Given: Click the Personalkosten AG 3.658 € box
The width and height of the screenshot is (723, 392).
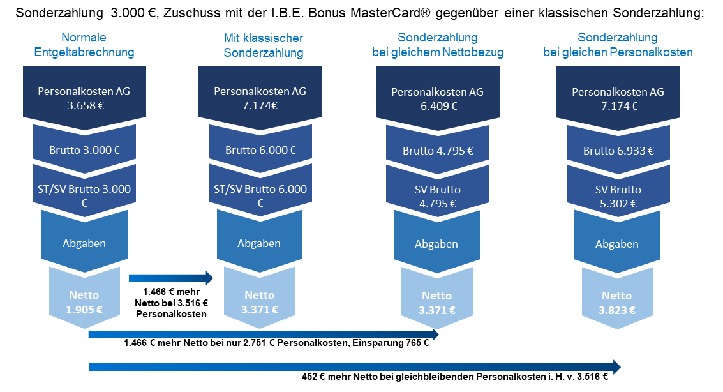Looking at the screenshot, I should point(84,98).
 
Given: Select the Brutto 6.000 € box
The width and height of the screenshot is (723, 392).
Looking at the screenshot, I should point(260,151).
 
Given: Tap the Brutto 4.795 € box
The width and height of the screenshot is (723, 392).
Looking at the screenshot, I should point(438,151).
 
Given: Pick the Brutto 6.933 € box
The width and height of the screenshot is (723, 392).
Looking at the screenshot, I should point(618,151).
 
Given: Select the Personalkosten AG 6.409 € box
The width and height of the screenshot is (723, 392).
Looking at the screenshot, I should point(438,98).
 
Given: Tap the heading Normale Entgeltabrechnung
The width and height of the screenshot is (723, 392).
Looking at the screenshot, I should point(84,45).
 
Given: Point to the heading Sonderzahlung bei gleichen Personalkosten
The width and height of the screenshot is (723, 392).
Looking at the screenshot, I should point(618,45).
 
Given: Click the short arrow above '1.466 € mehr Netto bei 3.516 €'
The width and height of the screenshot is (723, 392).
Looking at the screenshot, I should point(170,278).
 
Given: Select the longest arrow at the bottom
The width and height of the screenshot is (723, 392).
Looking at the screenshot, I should point(354,366).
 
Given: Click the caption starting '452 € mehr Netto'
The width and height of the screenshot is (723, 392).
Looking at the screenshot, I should point(454,377).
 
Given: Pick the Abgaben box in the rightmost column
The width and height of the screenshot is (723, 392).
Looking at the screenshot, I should point(617,244).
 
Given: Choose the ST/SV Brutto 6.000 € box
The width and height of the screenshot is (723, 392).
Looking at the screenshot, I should point(260,195).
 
